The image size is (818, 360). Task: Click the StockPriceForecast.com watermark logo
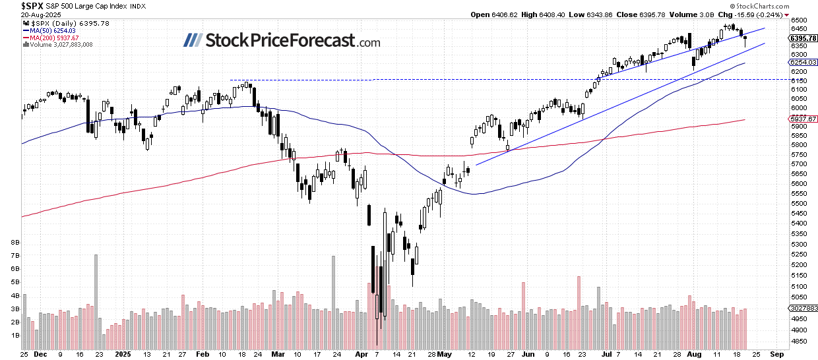point(281,41)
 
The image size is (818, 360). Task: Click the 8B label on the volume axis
point(15,242)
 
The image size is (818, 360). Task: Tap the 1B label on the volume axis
point(15,335)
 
